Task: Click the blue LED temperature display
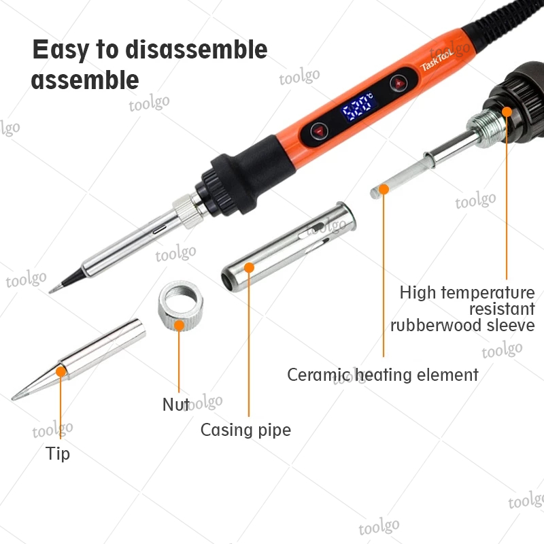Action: pos(358,107)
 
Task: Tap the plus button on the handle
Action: pos(398,84)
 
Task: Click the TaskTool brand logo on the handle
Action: pos(437,61)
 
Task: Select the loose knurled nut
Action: pos(180,305)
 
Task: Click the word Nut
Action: pos(176,404)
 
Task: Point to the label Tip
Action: pos(58,454)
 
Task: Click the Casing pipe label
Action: pos(245,430)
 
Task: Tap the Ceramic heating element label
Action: pos(383,375)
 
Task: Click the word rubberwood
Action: pos(436,326)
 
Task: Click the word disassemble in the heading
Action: pos(197,49)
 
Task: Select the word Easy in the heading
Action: pos(61,50)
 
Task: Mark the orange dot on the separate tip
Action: pos(61,371)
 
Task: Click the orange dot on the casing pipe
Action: pos(249,267)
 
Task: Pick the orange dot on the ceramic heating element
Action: pos(384,189)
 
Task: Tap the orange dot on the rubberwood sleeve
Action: pos(507,112)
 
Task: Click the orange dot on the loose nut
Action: pos(179,326)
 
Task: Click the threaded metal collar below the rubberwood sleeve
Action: pos(486,127)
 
